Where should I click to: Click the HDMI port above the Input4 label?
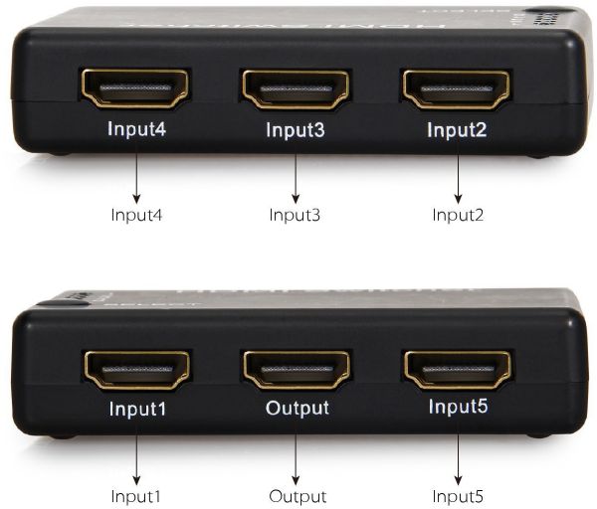(135, 88)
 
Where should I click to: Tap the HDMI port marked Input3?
(297, 89)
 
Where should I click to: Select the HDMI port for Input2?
(457, 88)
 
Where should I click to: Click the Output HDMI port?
(297, 369)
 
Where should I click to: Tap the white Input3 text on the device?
(297, 129)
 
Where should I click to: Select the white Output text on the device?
(297, 409)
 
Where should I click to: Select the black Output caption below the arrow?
(298, 495)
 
